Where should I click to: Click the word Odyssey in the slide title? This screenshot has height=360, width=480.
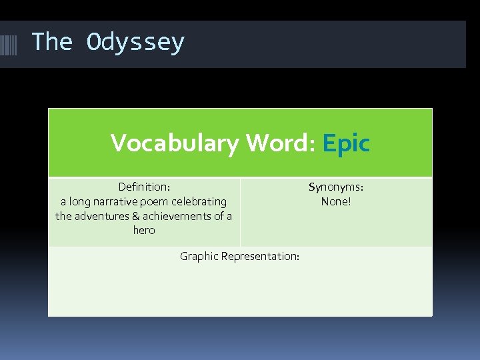(135, 43)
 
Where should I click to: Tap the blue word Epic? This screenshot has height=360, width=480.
(345, 143)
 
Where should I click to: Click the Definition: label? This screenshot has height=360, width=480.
(143, 187)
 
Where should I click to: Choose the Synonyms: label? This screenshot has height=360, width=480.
(335, 187)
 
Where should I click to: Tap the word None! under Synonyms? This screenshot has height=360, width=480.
(335, 201)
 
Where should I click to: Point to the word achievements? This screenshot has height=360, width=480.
(177, 216)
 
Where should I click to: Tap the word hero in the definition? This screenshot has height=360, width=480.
(143, 231)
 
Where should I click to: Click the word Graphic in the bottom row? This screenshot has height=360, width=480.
(199, 257)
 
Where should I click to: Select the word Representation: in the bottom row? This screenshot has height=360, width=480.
(260, 257)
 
